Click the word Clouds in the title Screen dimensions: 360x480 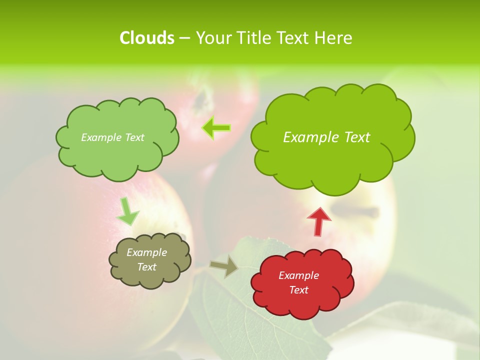147,38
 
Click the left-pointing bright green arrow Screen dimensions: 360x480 216,128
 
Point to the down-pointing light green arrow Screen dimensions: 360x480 127,212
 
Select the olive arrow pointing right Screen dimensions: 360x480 224,266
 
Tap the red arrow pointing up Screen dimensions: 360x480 319,221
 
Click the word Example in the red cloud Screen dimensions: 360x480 298,275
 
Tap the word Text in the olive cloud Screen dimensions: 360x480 146,267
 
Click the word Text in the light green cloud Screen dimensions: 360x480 133,137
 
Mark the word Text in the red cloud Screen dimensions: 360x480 298,290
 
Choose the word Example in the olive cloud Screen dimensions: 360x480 146,252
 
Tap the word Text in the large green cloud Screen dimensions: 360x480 357,137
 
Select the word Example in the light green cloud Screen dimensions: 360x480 101,137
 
